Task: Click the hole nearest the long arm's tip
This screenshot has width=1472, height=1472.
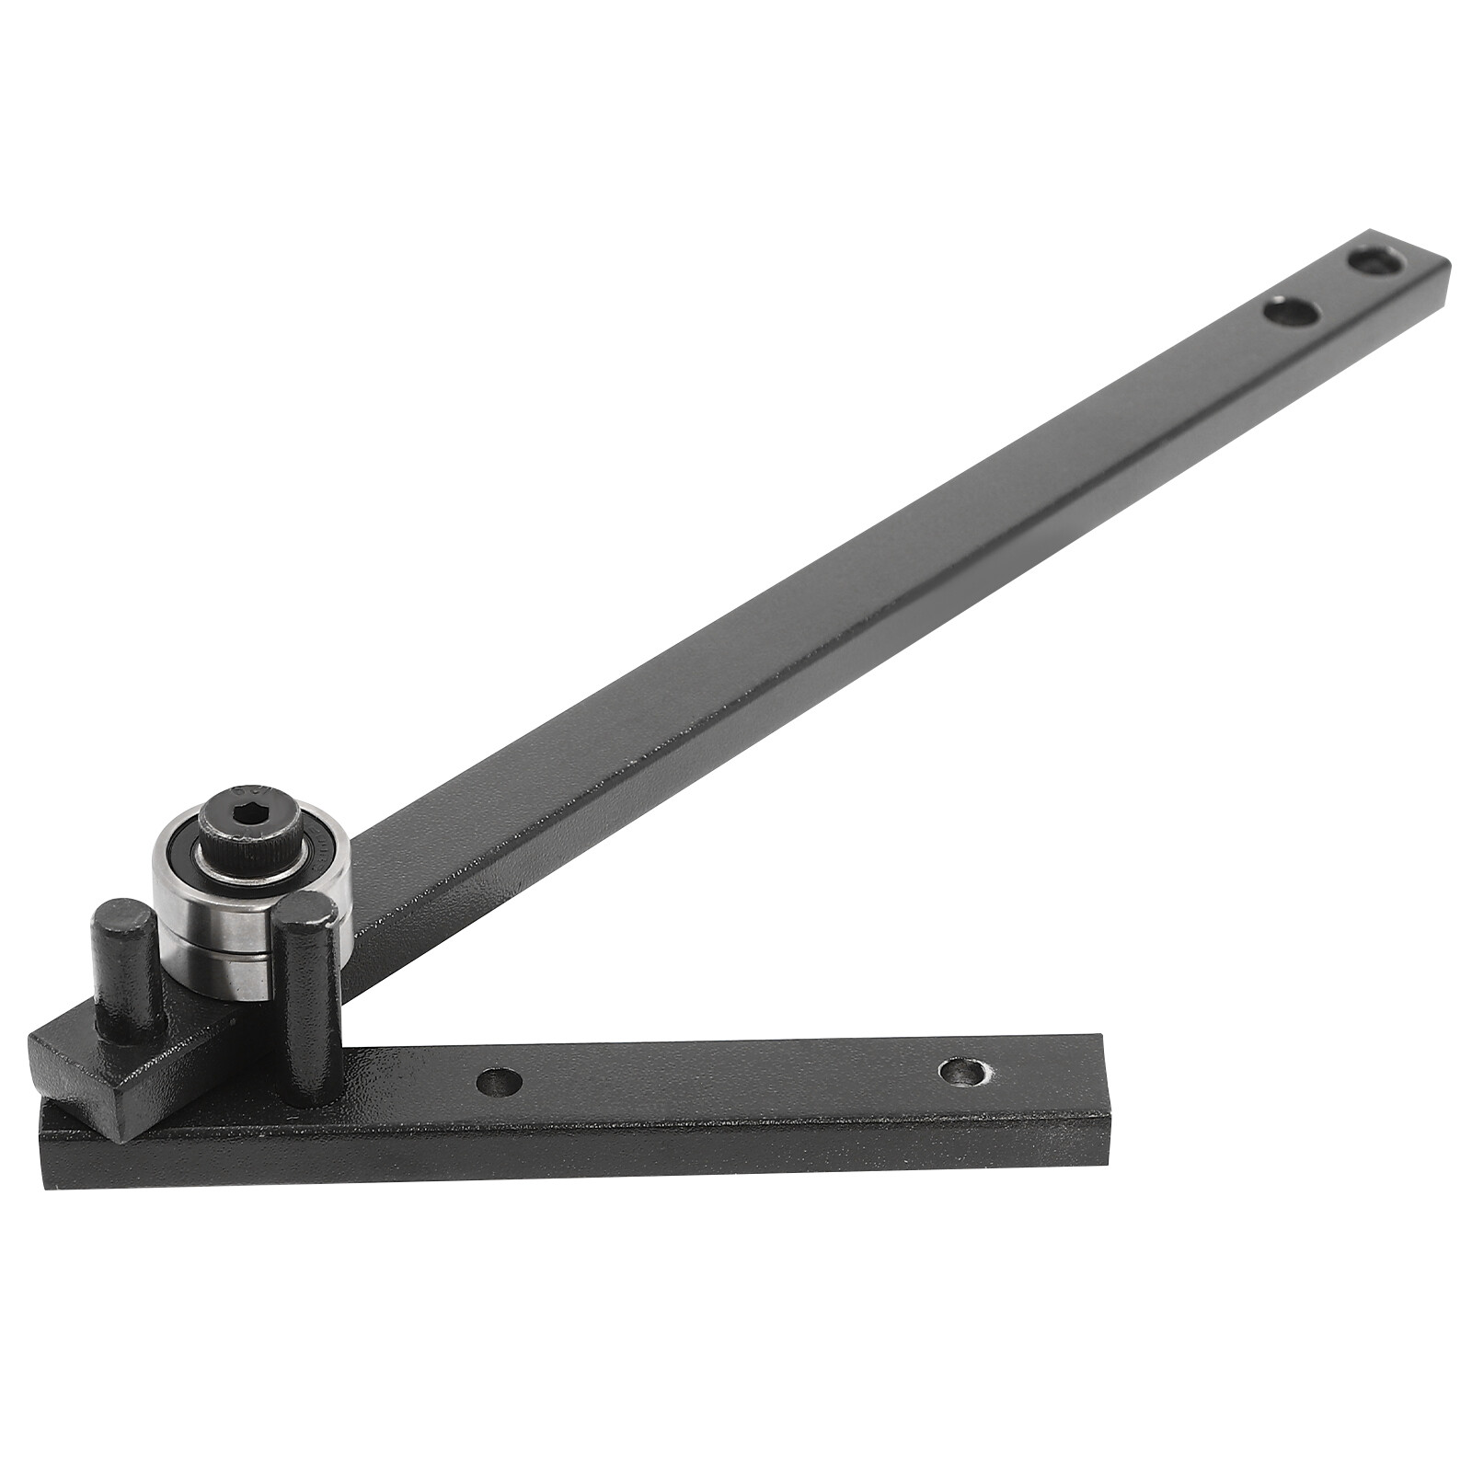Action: [x=1377, y=262]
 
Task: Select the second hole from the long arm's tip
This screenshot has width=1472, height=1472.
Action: [x=1291, y=313]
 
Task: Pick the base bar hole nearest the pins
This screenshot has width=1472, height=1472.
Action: [x=500, y=1080]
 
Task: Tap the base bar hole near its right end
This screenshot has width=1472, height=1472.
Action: [x=962, y=1070]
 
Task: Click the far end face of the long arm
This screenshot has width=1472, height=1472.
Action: [x=1440, y=290]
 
